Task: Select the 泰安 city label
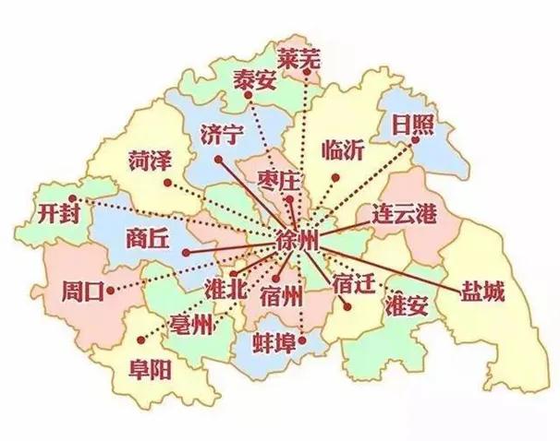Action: pyautogui.click(x=254, y=78)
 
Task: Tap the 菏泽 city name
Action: pyautogui.click(x=147, y=161)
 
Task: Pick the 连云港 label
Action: pyautogui.click(x=403, y=213)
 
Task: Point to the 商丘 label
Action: pyautogui.click(x=147, y=238)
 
